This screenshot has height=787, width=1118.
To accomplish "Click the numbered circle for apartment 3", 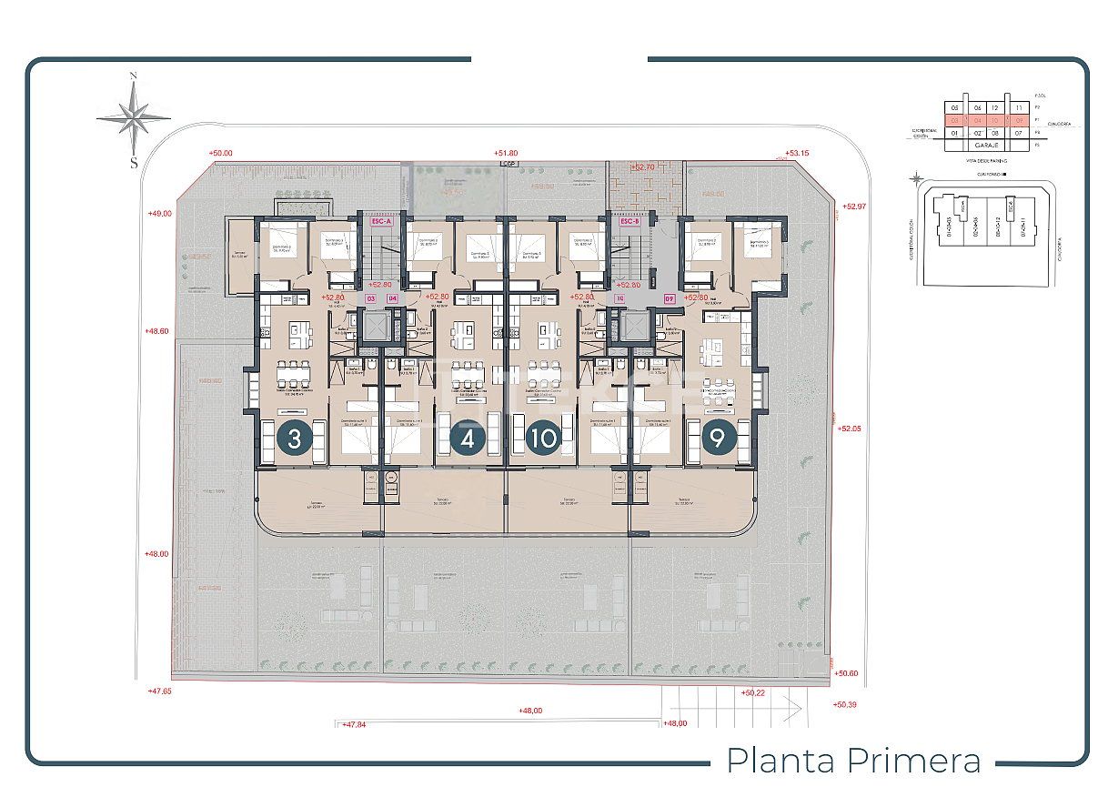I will (294, 439).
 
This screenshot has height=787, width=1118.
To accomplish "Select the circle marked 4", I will (468, 439).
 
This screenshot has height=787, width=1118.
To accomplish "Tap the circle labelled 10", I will (544, 439).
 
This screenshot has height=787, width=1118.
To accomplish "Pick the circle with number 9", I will (718, 439).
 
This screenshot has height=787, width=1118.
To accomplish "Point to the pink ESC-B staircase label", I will (630, 221).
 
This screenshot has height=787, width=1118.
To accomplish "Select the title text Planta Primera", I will (854, 760).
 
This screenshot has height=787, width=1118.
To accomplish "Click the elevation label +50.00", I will (220, 154).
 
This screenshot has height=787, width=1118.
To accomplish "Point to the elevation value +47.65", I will (159, 691).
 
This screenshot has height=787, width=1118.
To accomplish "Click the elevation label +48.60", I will (156, 331).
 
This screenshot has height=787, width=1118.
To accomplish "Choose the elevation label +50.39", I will (845, 704).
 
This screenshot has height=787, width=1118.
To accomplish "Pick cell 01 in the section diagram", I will (954, 133).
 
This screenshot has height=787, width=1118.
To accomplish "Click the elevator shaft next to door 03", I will (374, 325).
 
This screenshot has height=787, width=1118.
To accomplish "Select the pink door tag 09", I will (670, 298).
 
